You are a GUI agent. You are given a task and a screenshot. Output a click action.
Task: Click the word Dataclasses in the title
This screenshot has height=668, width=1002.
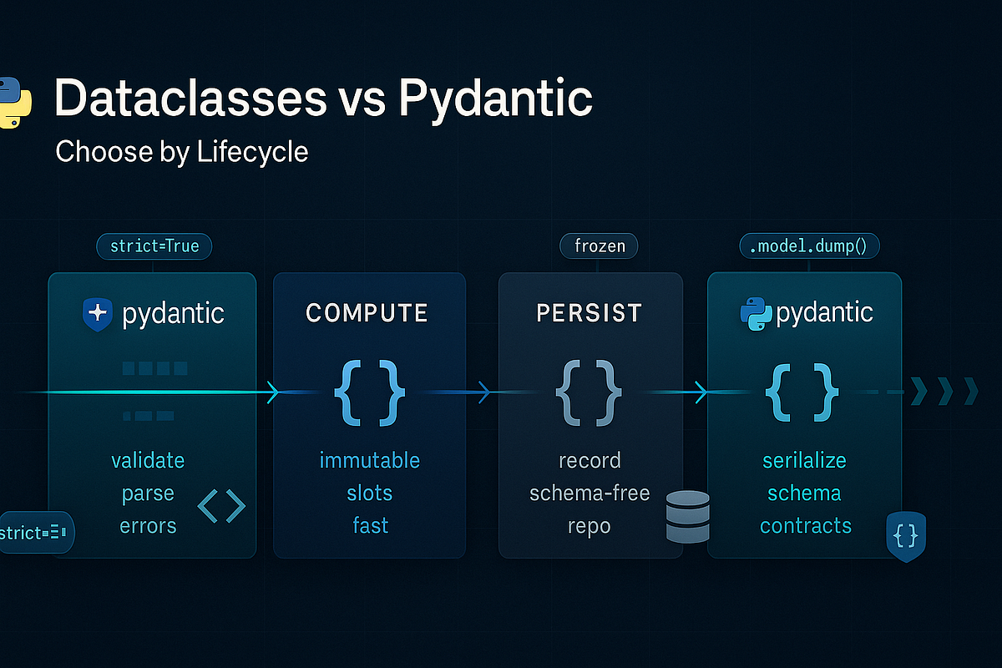pyautogui.click(x=191, y=99)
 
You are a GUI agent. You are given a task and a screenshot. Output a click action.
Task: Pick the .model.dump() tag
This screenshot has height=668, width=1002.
pyautogui.click(x=809, y=246)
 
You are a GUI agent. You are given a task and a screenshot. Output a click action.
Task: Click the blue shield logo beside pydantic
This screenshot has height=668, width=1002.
pyautogui.click(x=98, y=313)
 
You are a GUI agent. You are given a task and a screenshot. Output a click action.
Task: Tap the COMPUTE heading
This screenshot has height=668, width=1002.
pyautogui.click(x=367, y=313)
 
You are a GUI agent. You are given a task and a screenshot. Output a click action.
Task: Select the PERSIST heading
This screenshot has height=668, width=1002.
pyautogui.click(x=590, y=313)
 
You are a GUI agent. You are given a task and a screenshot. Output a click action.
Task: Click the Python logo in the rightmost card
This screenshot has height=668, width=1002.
pyautogui.click(x=756, y=313)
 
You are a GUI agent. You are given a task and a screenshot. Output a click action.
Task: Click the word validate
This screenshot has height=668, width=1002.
pyautogui.click(x=148, y=460)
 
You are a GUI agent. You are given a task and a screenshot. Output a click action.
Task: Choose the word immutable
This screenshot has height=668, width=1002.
pyautogui.click(x=369, y=460)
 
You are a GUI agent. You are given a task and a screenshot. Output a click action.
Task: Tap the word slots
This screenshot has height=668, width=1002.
pyautogui.click(x=369, y=493)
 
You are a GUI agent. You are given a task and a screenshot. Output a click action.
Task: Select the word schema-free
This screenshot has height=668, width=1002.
pyautogui.click(x=590, y=493)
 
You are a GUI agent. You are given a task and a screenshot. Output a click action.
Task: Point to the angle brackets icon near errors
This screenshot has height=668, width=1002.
pyautogui.click(x=221, y=506)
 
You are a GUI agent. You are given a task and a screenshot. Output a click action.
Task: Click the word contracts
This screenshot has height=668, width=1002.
pyautogui.click(x=806, y=525)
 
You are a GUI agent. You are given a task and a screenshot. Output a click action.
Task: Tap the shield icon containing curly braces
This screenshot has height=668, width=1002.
pyautogui.click(x=905, y=536)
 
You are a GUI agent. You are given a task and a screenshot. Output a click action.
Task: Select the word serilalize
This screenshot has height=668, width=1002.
pyautogui.click(x=804, y=460)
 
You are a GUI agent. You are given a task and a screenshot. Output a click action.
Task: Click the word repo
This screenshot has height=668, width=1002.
pyautogui.click(x=590, y=525)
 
